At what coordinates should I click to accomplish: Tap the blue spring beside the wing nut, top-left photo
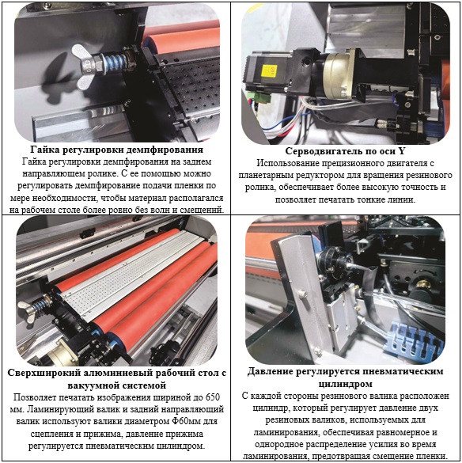(x=116, y=63)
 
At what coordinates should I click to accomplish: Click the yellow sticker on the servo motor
(x=269, y=71)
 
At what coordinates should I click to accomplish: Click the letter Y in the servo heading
(x=402, y=151)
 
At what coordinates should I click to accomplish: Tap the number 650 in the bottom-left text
(x=213, y=397)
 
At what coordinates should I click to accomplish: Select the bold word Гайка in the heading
(x=42, y=150)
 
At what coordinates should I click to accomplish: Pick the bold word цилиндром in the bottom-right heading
(x=346, y=384)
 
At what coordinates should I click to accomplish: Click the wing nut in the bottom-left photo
(x=27, y=311)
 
